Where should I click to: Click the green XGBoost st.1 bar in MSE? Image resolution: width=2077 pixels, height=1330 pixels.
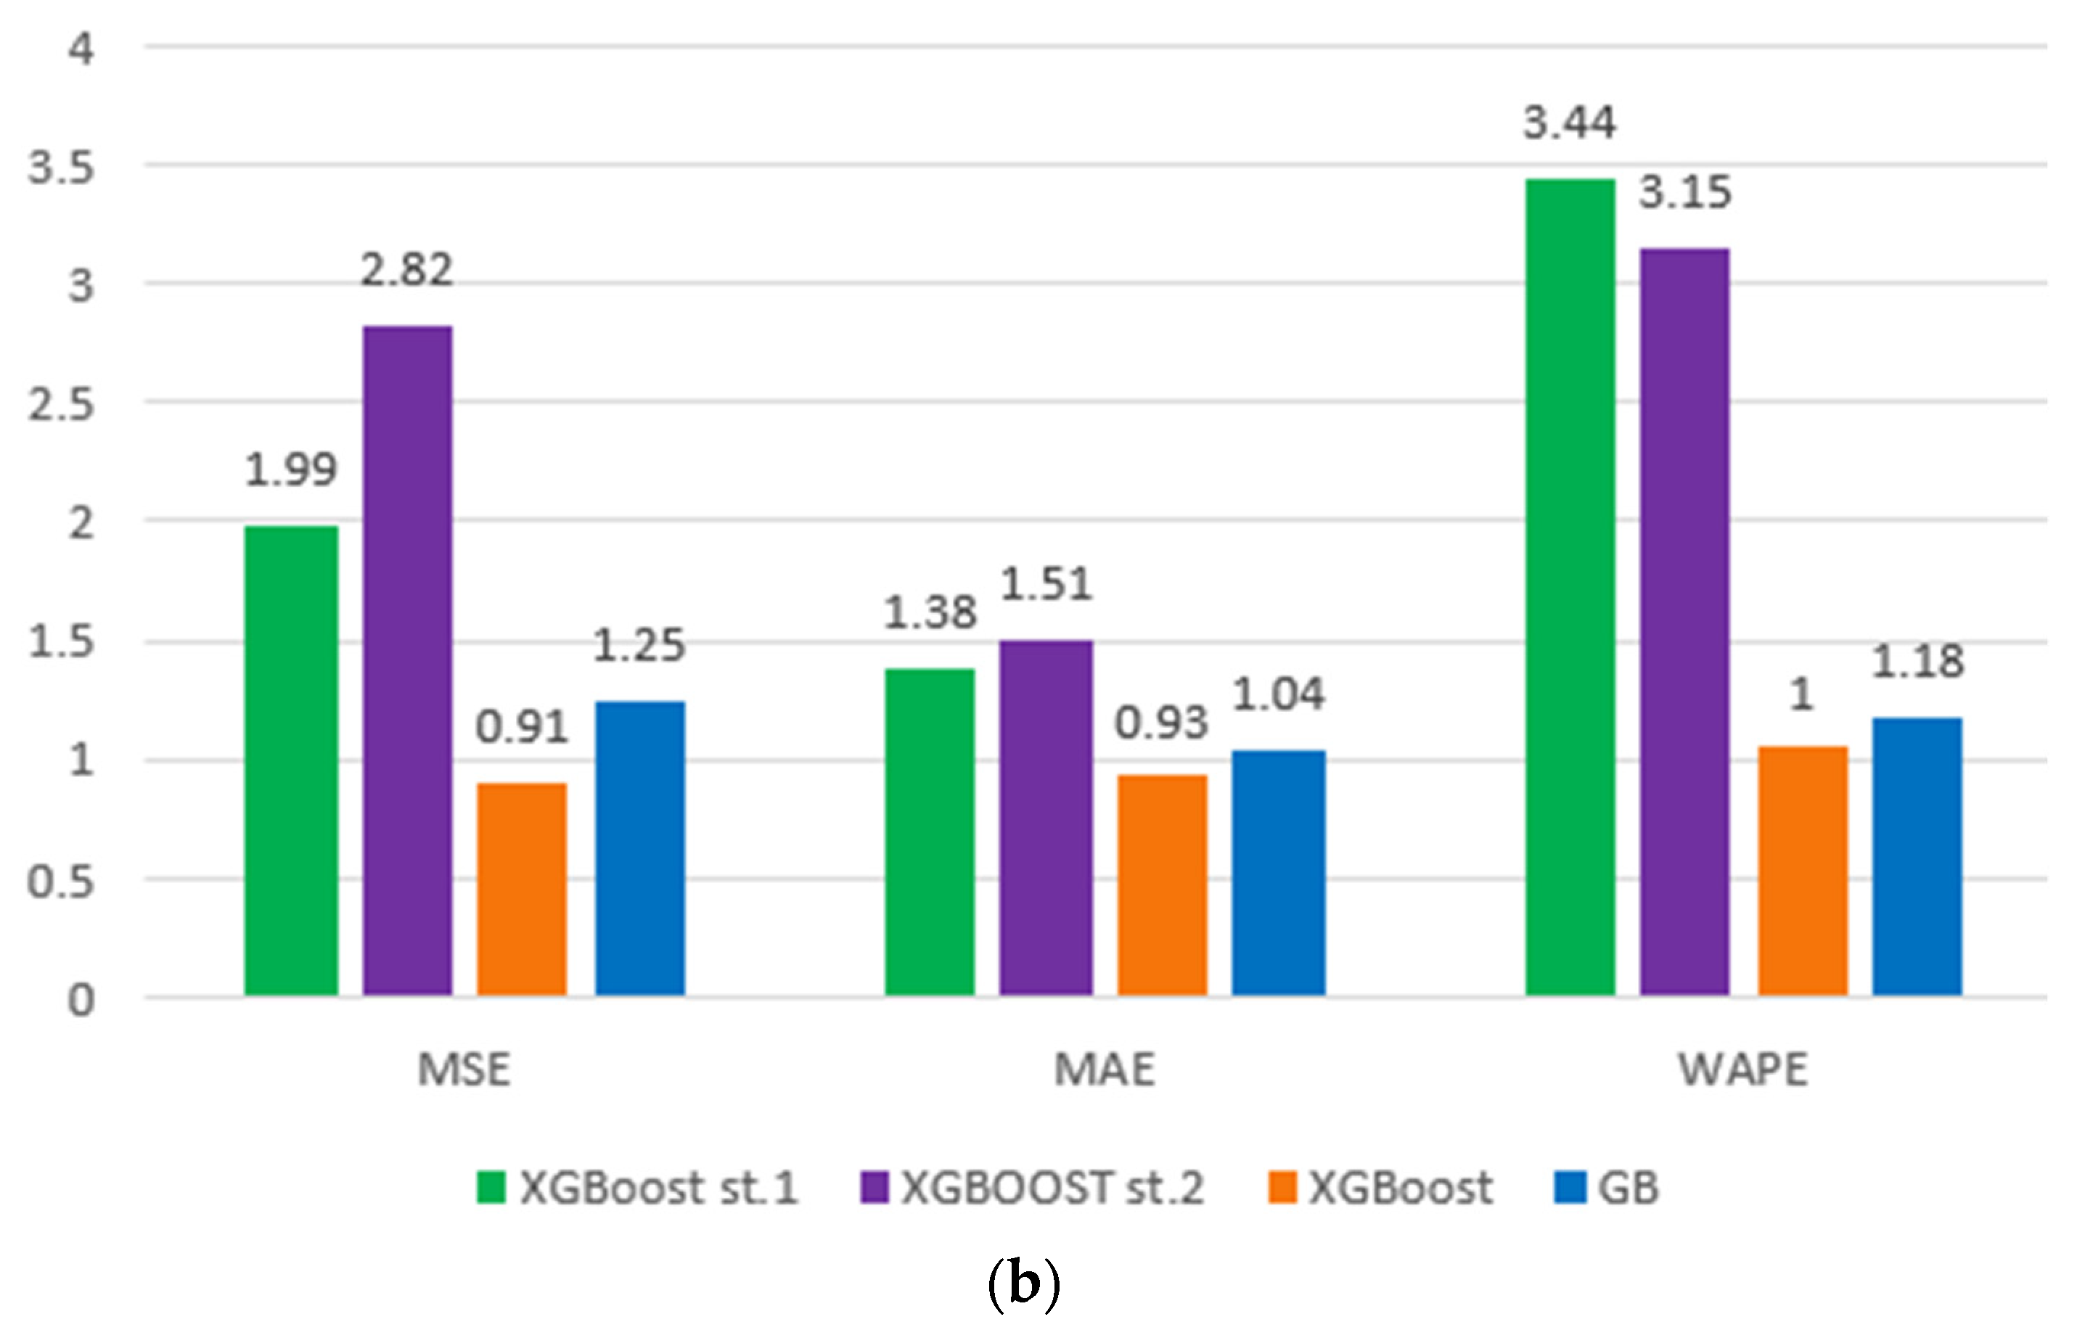pyautogui.click(x=291, y=760)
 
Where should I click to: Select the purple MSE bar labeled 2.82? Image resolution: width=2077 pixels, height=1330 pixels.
pyautogui.click(x=406, y=661)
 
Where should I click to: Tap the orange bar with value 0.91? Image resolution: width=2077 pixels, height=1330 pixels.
pyautogui.click(x=522, y=890)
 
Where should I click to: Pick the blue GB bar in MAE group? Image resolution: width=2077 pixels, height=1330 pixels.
pyautogui.click(x=1278, y=872)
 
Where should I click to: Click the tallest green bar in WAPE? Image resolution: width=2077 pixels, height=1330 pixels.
pyautogui.click(x=1569, y=587)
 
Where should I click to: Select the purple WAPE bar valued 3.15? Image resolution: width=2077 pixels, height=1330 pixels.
pyautogui.click(x=1684, y=622)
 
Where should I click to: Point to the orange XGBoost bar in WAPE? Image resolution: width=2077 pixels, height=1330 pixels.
pyautogui.click(x=1803, y=871)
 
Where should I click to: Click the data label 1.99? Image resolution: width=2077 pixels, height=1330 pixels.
pyautogui.click(x=291, y=471)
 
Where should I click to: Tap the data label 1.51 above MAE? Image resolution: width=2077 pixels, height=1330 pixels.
pyautogui.click(x=1046, y=585)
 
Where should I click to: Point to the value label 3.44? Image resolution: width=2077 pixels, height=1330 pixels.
pyautogui.click(x=1569, y=123)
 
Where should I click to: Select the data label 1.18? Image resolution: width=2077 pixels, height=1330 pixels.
pyautogui.click(x=1917, y=662)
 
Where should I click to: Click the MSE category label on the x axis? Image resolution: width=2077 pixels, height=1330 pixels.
pyautogui.click(x=464, y=1070)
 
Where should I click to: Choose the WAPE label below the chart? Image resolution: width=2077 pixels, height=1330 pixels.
pyautogui.click(x=1742, y=1070)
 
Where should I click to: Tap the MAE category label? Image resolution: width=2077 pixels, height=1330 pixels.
pyautogui.click(x=1104, y=1070)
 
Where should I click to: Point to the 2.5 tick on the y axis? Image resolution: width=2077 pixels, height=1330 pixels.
pyautogui.click(x=60, y=404)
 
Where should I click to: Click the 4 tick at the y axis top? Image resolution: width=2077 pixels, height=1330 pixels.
pyautogui.click(x=81, y=49)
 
